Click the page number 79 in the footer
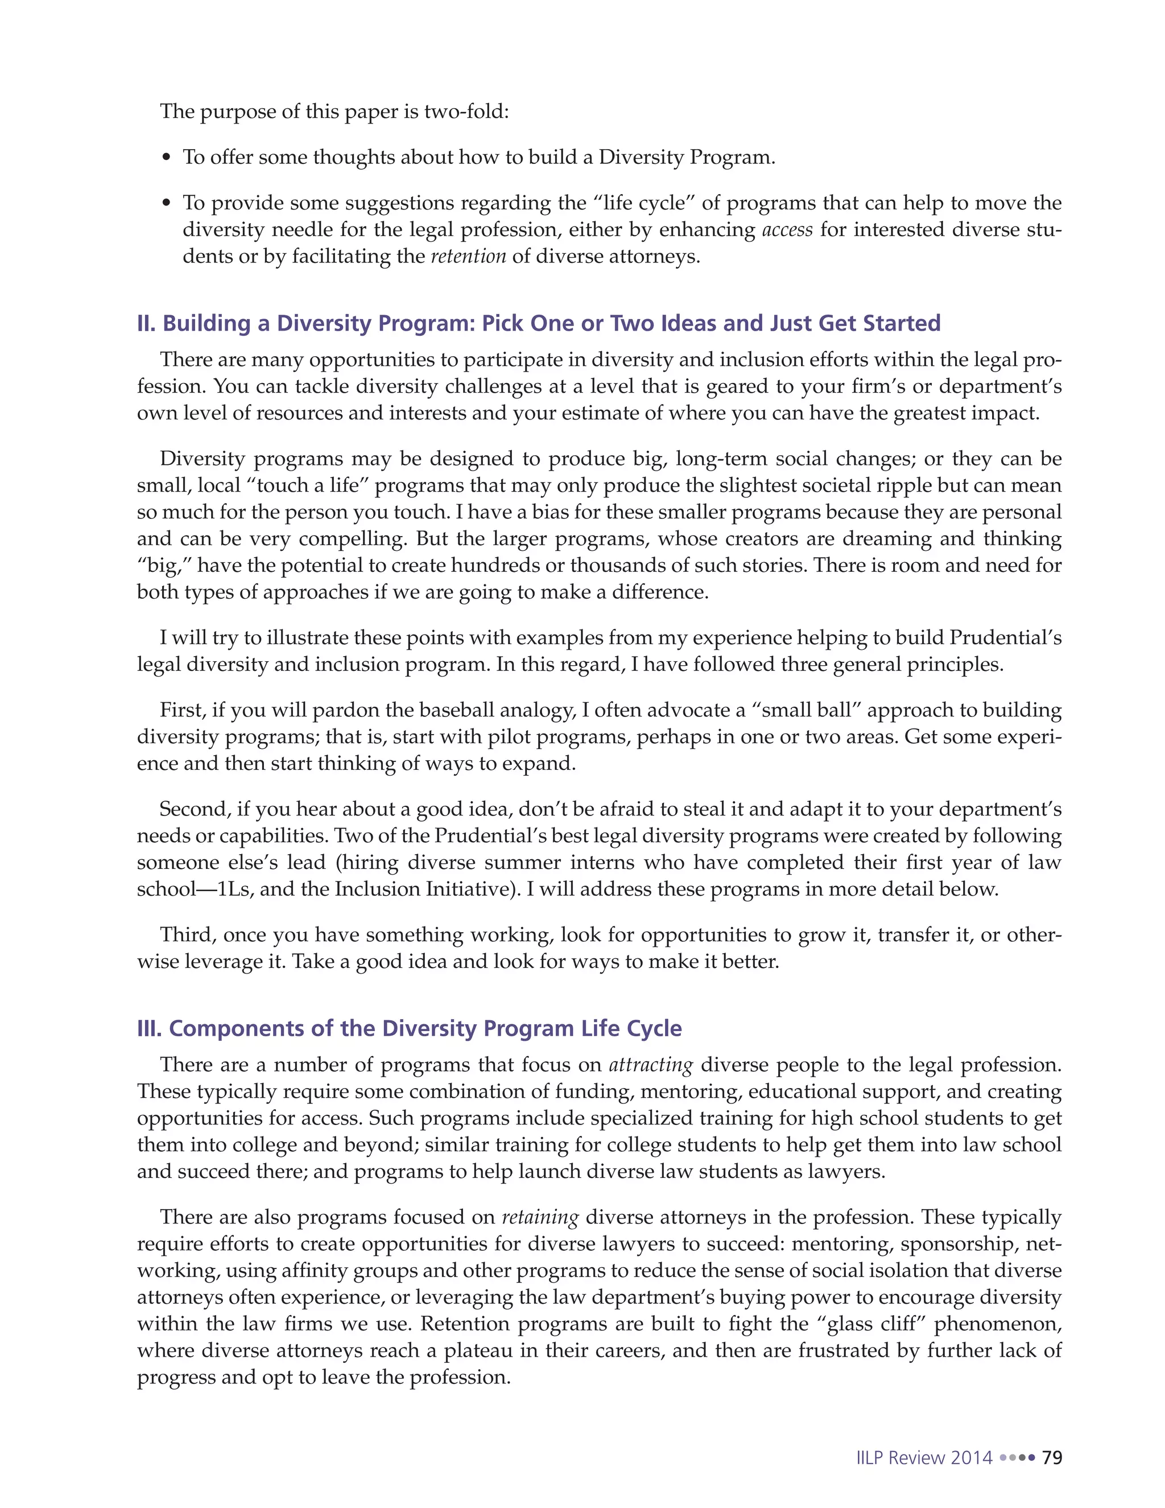tap(1052, 1457)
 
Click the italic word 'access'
tap(787, 229)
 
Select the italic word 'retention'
tap(468, 256)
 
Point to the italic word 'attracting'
tap(650, 1064)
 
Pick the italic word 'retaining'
tap(540, 1217)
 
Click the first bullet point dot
tap(166, 158)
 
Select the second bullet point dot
tap(166, 204)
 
